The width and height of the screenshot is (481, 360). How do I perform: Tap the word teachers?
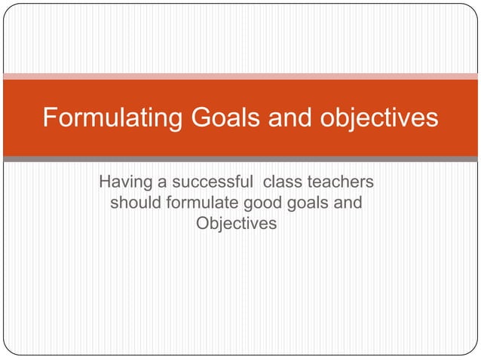pos(341,183)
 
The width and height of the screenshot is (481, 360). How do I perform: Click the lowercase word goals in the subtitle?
pos(306,203)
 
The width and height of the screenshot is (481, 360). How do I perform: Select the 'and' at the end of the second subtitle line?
pos(347,203)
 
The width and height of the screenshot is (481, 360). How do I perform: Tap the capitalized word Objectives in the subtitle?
pos(236,224)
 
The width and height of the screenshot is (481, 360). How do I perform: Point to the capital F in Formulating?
pos(50,118)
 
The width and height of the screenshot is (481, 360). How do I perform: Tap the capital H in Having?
pos(106,183)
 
